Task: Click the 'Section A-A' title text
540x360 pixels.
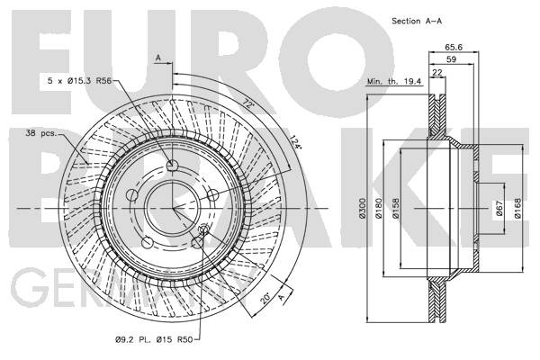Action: pos(417,21)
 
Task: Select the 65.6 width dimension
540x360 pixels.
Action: pos(454,47)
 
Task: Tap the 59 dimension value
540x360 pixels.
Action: pos(451,59)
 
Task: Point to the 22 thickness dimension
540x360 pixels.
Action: pos(437,72)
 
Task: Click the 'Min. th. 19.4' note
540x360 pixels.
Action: pos(394,82)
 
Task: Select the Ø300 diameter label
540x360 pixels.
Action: pos(363,208)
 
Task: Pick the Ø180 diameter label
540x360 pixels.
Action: pos(379,208)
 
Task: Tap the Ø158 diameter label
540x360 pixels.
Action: pos(395,208)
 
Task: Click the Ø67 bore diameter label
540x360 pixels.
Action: pos(499,208)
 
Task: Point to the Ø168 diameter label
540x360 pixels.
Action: pos(517,208)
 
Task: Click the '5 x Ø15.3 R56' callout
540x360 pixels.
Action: pos(79,81)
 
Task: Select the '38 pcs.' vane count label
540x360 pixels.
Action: pos(41,133)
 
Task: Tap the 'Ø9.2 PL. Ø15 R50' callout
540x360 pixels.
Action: pos(154,339)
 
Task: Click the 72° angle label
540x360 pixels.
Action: pos(247,103)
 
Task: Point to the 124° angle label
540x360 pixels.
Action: pos(295,142)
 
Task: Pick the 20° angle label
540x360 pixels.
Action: pos(265,298)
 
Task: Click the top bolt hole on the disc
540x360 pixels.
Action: pos(172,166)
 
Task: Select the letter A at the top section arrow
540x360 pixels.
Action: pos(158,58)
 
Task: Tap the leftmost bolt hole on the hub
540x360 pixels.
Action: pos(132,195)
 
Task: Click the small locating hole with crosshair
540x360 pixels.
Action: pos(204,229)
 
